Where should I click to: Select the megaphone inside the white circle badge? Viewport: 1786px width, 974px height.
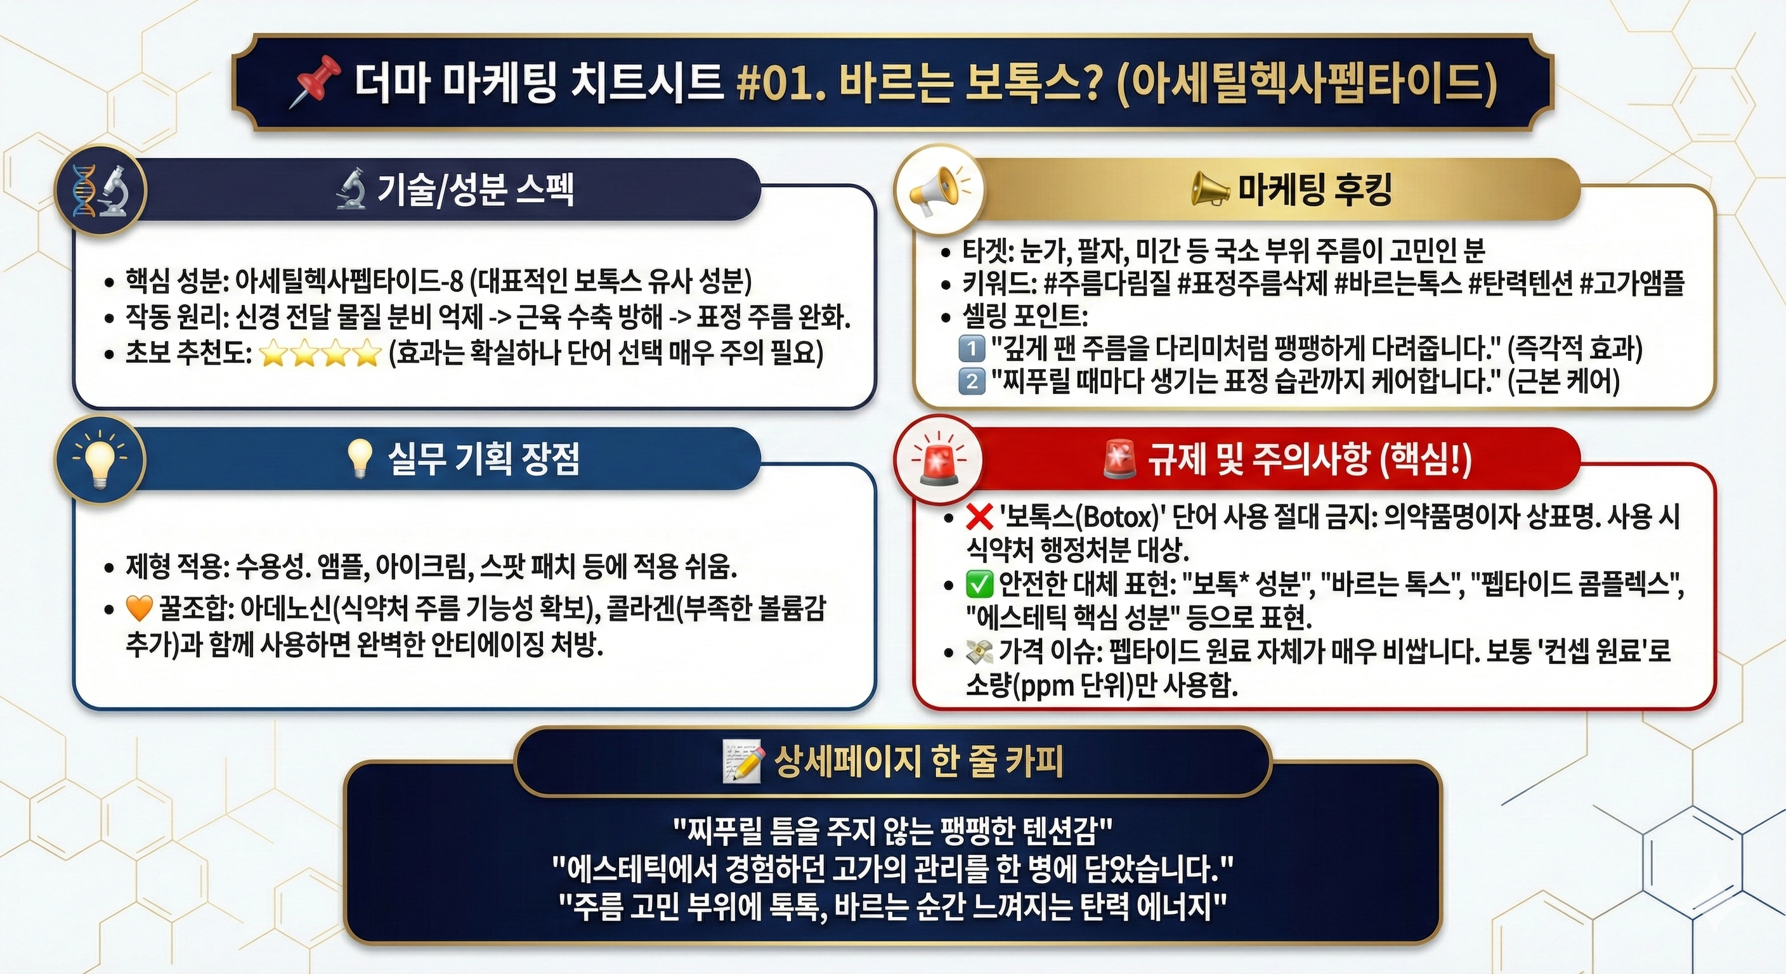pyautogui.click(x=939, y=189)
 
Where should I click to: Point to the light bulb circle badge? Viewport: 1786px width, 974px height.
pyautogui.click(x=101, y=459)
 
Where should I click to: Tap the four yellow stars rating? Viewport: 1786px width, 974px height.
pyautogui.click(x=320, y=354)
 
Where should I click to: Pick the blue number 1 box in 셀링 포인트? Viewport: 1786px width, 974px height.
pyautogui.click(x=972, y=348)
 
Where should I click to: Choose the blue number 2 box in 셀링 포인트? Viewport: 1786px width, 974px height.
pyautogui.click(x=972, y=380)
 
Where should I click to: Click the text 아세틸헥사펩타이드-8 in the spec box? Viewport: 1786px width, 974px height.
pyautogui.click(x=349, y=281)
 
